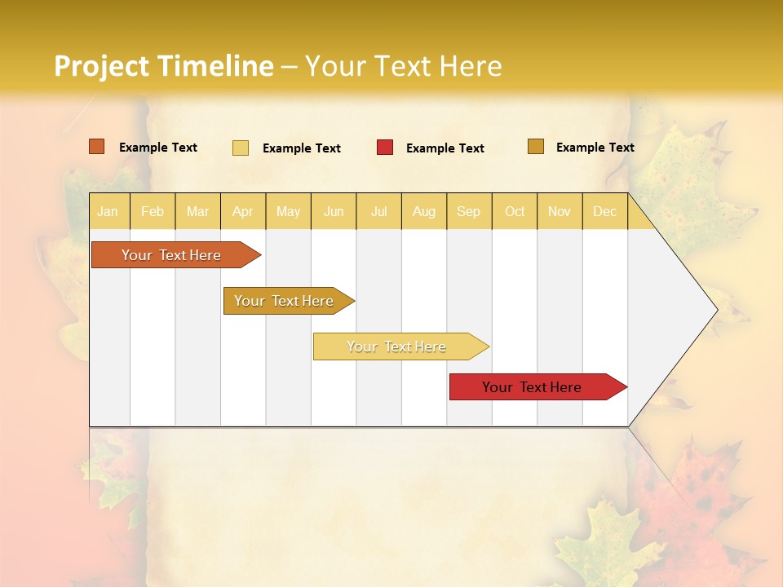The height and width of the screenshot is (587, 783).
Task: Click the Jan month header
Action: click(x=108, y=211)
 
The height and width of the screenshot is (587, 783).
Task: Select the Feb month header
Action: click(x=153, y=211)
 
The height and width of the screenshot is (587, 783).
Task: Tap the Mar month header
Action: click(x=197, y=211)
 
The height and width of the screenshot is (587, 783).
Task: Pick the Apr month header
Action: click(x=242, y=211)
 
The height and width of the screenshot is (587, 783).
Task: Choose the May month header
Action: click(x=288, y=211)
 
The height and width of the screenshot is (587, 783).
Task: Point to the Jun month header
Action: click(x=334, y=211)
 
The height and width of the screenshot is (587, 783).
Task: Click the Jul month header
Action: click(x=378, y=211)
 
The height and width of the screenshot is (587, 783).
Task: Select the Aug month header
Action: click(x=424, y=211)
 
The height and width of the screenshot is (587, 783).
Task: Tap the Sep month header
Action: click(x=469, y=211)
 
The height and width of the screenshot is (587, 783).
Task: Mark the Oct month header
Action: click(x=515, y=211)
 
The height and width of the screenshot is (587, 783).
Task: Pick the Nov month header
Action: click(x=560, y=211)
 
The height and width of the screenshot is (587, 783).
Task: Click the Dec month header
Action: click(x=604, y=211)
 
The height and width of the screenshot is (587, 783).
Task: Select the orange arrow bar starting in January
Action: click(x=172, y=255)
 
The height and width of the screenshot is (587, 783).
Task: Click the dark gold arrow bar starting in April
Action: click(x=285, y=301)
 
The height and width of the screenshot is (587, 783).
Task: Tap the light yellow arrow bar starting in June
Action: click(x=397, y=346)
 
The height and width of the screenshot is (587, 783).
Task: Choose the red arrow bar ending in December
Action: click(x=533, y=387)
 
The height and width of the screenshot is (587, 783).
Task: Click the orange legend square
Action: click(x=97, y=147)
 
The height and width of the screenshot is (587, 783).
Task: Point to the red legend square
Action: click(x=385, y=148)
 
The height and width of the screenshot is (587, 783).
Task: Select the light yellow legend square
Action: click(x=241, y=148)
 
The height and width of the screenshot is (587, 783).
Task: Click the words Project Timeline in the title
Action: click(x=163, y=66)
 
